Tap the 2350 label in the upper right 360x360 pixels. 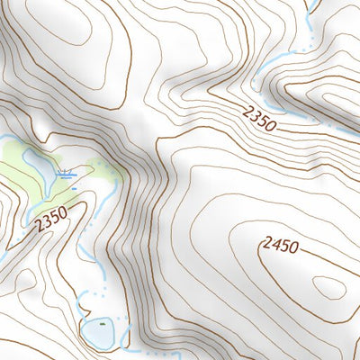pos(258,117)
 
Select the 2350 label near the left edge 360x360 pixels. pos(52,220)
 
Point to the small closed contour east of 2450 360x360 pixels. pos(329,287)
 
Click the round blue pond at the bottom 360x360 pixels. pos(98,333)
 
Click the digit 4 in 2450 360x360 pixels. pos(273,244)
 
